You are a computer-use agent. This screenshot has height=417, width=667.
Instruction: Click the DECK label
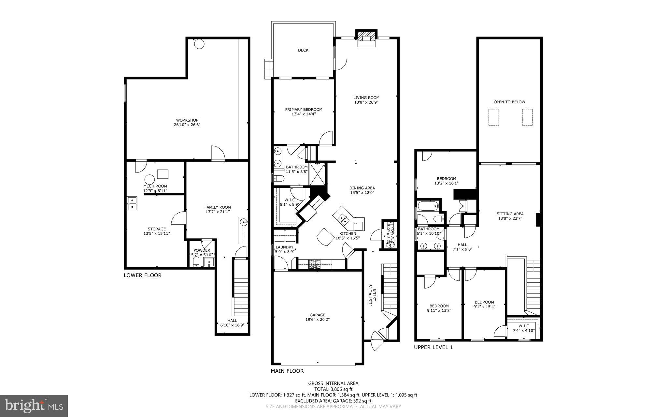303,50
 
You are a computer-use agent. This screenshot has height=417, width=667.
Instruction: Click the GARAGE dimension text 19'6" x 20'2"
317,320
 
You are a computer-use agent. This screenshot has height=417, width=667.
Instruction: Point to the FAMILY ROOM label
218,207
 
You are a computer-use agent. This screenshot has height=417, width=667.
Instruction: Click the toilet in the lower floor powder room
196,262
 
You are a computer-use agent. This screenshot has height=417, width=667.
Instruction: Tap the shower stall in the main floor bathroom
317,173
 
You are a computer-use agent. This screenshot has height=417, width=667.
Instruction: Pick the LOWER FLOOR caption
142,275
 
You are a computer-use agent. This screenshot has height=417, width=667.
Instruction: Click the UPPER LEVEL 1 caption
433,348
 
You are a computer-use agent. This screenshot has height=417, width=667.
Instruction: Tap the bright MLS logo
34,406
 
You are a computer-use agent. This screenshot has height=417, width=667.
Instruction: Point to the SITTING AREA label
510,214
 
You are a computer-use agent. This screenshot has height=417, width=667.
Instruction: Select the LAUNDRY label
284,247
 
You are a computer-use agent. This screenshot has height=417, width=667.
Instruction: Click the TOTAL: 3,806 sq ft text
333,389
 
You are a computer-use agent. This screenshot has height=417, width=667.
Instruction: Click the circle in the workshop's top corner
199,44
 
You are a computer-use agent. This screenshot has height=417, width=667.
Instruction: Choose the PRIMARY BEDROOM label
304,110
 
